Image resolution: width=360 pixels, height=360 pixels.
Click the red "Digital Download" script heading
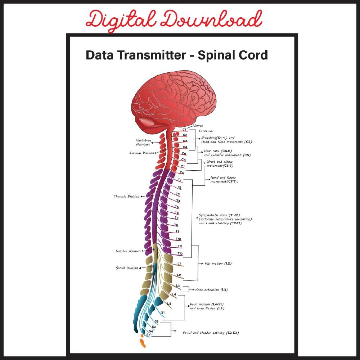(x=174, y=20)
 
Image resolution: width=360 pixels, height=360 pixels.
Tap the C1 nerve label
(x=184, y=129)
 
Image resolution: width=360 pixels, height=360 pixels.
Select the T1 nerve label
(x=179, y=180)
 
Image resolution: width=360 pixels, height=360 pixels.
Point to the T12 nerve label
(x=180, y=254)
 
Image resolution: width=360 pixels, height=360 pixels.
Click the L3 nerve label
(x=177, y=286)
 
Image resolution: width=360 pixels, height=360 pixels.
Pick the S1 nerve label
(x=163, y=312)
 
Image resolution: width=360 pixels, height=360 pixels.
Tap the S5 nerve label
(x=148, y=335)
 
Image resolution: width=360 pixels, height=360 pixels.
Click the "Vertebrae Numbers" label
(x=143, y=142)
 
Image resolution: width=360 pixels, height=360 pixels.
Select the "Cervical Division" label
(x=141, y=153)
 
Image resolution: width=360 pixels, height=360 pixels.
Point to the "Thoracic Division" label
(x=126, y=197)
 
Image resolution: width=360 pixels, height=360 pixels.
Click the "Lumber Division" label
(x=128, y=251)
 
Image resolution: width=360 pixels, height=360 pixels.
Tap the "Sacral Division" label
(x=127, y=268)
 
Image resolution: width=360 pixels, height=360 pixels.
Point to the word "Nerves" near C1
(x=198, y=126)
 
